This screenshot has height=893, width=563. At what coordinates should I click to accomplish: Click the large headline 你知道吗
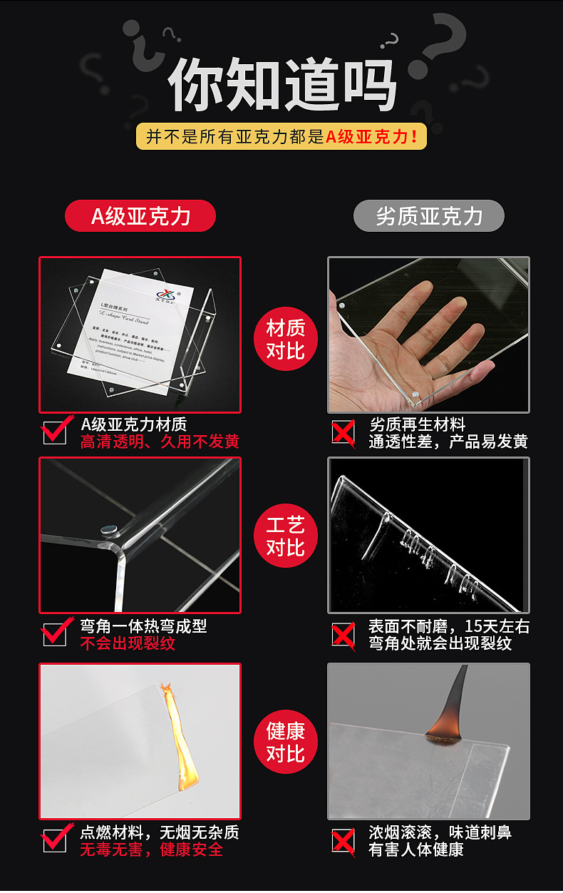click(x=281, y=84)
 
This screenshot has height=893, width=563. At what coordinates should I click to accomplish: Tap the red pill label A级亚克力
click(x=140, y=216)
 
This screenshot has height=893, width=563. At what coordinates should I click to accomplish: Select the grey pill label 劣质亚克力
click(x=428, y=216)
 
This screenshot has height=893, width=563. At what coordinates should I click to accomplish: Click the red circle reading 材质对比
click(x=285, y=339)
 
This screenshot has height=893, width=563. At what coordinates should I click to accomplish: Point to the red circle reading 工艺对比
click(x=285, y=536)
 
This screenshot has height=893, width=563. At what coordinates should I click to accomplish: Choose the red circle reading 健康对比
click(x=285, y=742)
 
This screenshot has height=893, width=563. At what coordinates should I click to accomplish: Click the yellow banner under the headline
click(x=281, y=136)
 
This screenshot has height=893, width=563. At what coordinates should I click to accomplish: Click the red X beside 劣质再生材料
click(x=344, y=432)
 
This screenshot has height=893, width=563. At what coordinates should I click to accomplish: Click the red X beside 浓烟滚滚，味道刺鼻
click(x=344, y=840)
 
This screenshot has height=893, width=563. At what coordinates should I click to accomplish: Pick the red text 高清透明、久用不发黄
click(x=160, y=442)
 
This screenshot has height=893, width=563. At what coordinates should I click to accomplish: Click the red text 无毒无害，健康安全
click(x=151, y=850)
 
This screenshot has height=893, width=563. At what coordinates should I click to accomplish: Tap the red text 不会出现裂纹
click(x=128, y=643)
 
